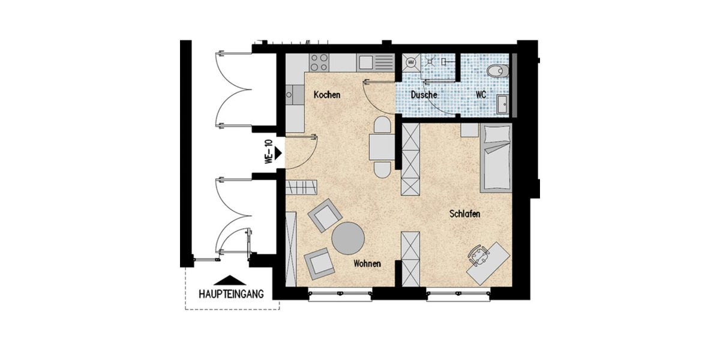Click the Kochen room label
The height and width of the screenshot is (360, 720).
(327, 95)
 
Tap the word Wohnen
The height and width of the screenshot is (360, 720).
(367, 263)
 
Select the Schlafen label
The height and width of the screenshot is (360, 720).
(465, 214)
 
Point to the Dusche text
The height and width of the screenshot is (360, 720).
(424, 95)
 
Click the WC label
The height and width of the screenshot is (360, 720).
(481, 95)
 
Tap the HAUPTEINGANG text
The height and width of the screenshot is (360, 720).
(231, 294)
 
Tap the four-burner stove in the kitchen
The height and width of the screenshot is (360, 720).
(319, 61)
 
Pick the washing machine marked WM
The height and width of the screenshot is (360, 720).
(411, 61)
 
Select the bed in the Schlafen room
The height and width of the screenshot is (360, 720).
(495, 157)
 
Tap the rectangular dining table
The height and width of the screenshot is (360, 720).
(382, 147)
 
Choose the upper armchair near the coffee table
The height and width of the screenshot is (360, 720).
(325, 214)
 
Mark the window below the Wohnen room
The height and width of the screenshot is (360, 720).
(340, 294)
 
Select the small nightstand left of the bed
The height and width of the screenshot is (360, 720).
(469, 131)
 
